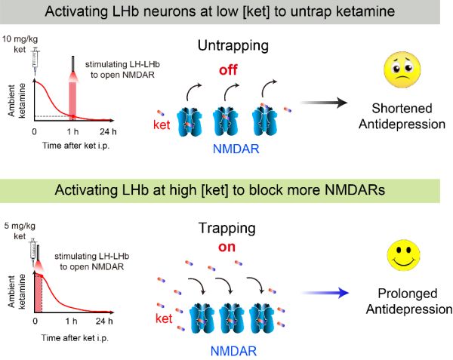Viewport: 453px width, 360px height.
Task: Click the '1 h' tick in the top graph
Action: click(74, 131)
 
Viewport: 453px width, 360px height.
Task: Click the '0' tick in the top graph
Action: click(35, 131)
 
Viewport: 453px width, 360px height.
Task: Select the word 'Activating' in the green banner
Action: click(86, 189)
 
